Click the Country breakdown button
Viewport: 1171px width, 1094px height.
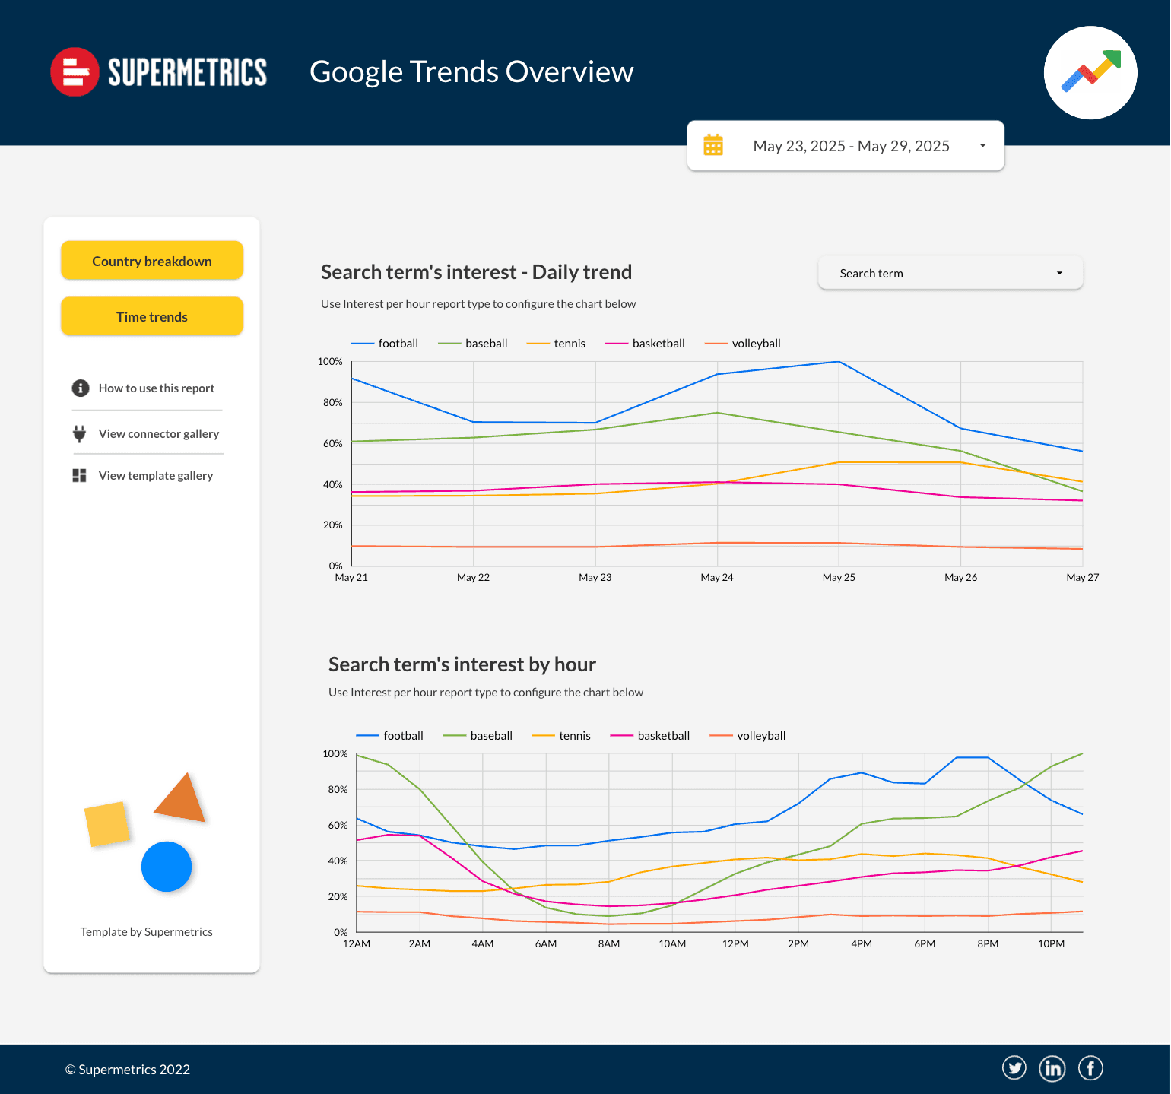point(152,261)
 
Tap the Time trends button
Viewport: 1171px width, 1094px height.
point(152,316)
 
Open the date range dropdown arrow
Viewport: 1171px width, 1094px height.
point(982,146)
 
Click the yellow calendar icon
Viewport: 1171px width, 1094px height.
point(713,145)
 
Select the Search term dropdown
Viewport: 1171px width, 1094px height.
point(950,273)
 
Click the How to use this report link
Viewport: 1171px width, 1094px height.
point(156,388)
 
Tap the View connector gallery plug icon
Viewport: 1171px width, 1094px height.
point(79,433)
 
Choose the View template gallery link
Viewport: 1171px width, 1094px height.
point(155,476)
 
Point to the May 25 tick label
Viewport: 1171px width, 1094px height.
point(839,578)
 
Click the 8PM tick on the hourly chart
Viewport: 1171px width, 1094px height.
point(988,944)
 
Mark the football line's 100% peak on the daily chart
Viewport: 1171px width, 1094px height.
point(839,362)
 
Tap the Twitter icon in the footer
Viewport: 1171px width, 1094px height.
point(1014,1068)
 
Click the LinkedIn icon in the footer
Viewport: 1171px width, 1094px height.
point(1052,1068)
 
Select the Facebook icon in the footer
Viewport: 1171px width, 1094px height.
point(1090,1068)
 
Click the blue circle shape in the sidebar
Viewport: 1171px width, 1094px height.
point(167,867)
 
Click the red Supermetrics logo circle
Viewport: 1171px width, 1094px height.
point(75,72)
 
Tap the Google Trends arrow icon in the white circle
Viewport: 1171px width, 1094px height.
point(1090,72)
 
